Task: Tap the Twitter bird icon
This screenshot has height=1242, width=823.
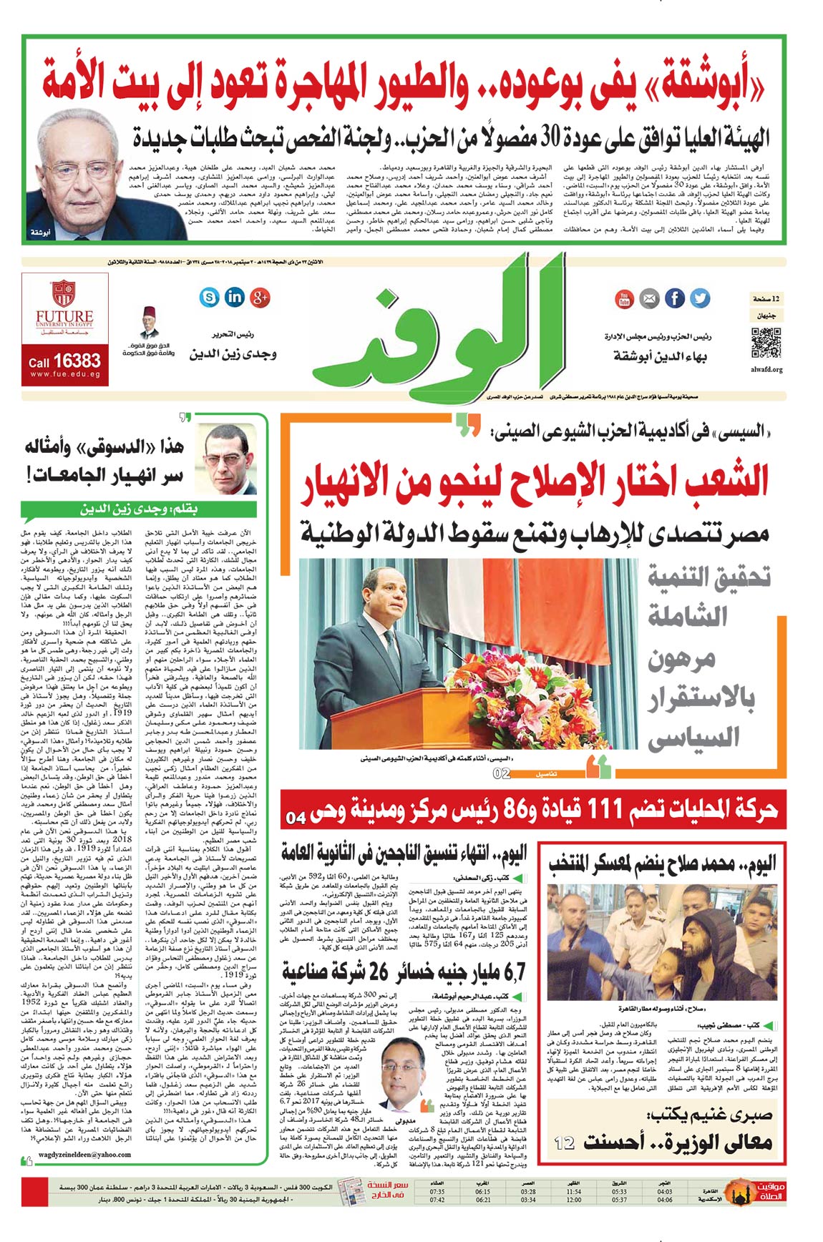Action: [700, 298]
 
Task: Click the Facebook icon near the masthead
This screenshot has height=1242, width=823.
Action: [675, 298]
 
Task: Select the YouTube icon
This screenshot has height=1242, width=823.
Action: [624, 299]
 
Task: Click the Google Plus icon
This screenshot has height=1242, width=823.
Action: [260, 297]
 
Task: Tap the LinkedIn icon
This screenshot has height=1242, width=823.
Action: [235, 297]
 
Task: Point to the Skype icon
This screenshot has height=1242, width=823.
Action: [210, 297]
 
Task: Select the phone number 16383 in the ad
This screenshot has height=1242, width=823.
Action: [77, 360]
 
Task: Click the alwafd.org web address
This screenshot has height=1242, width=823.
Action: [766, 370]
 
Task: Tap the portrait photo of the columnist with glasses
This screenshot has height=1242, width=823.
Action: [226, 459]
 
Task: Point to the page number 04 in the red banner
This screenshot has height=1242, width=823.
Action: [295, 817]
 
